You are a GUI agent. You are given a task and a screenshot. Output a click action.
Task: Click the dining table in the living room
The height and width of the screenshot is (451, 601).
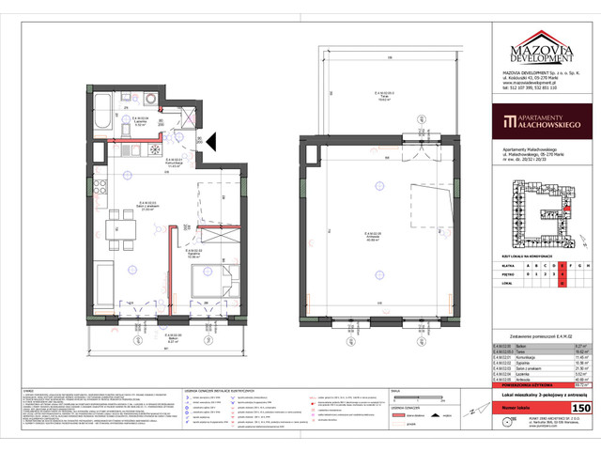[119, 224]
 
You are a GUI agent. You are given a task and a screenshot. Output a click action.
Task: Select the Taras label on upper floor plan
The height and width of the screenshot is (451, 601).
[375, 93]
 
